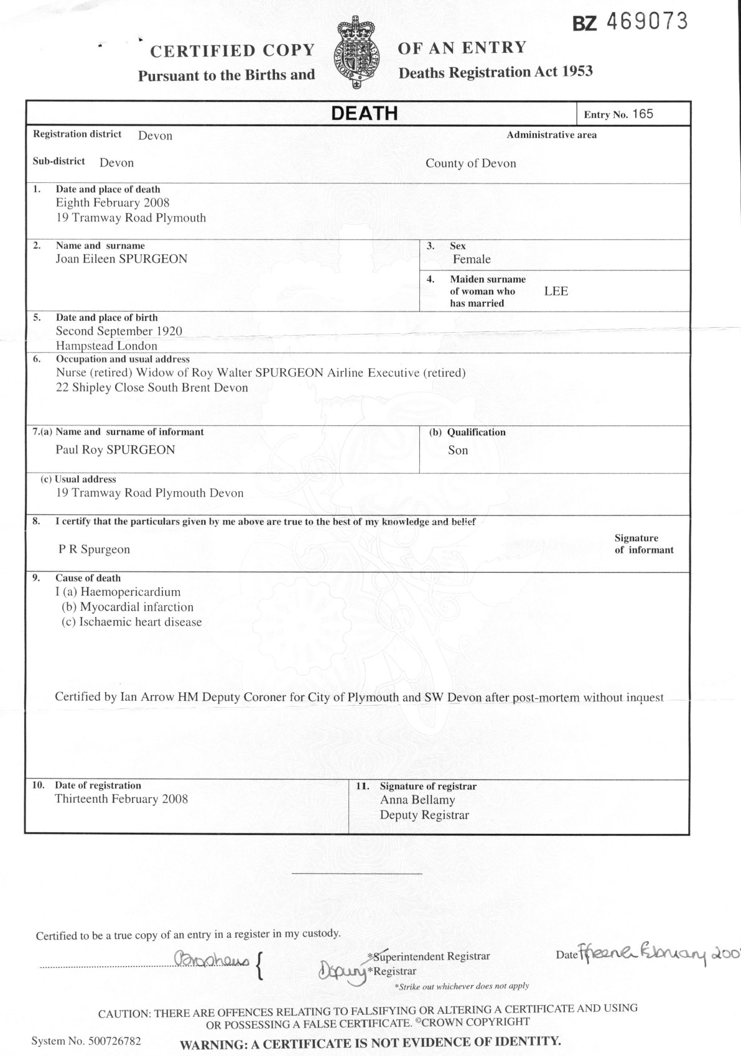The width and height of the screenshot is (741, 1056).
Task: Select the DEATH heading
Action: coord(364,113)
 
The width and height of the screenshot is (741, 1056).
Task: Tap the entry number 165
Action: coord(643,114)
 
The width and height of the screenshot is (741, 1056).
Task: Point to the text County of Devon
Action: coord(470,164)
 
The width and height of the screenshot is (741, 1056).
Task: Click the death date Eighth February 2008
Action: coord(113,203)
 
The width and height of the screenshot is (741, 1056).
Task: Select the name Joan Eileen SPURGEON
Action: coord(121,259)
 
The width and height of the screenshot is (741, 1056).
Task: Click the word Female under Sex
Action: coord(472,259)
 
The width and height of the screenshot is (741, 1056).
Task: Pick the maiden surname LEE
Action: coord(556,291)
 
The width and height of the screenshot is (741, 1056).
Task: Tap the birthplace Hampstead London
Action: coord(106,346)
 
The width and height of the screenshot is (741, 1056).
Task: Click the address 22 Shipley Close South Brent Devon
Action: coord(152,387)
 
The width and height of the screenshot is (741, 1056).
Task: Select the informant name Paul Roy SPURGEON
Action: coord(115,450)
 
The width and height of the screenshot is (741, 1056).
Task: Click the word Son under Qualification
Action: coord(458,450)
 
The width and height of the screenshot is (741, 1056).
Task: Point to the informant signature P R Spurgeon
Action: coord(94,550)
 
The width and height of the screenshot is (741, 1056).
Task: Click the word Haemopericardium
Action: coord(130,592)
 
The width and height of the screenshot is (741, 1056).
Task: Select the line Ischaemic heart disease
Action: coord(140,622)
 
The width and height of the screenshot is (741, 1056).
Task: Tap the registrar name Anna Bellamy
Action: coord(417,800)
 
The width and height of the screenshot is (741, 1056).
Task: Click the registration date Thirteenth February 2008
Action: coord(121,799)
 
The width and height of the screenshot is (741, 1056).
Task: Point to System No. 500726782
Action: coord(86,1040)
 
